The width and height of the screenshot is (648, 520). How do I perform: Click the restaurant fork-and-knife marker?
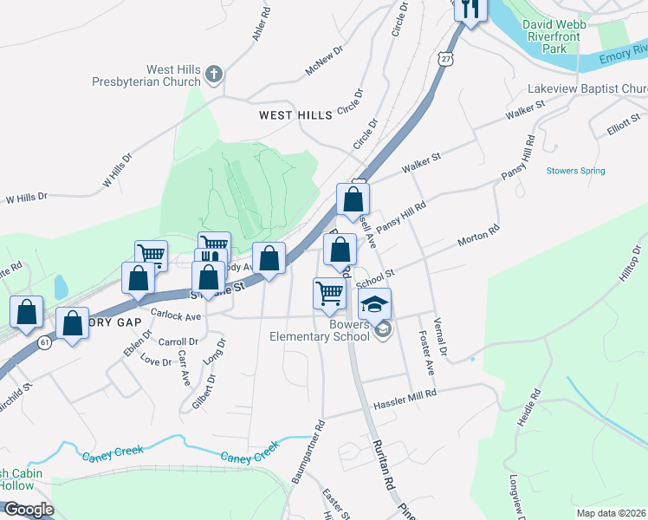click(x=470, y=10)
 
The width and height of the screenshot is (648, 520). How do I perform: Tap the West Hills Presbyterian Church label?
click(x=150, y=75)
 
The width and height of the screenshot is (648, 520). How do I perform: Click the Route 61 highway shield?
click(x=43, y=342)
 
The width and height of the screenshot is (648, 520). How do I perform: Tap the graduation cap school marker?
click(x=374, y=305)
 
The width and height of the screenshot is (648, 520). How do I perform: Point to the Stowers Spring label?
click(x=575, y=171)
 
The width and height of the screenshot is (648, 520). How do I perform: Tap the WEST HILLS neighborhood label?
click(x=295, y=114)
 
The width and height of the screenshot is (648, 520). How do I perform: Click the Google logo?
click(x=28, y=510)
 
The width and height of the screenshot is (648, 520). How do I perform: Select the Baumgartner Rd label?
click(x=308, y=452)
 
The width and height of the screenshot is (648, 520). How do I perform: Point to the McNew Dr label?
click(x=325, y=62)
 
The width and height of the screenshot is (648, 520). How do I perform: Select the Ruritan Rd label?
click(x=383, y=469)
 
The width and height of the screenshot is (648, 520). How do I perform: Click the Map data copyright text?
click(x=612, y=512)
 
